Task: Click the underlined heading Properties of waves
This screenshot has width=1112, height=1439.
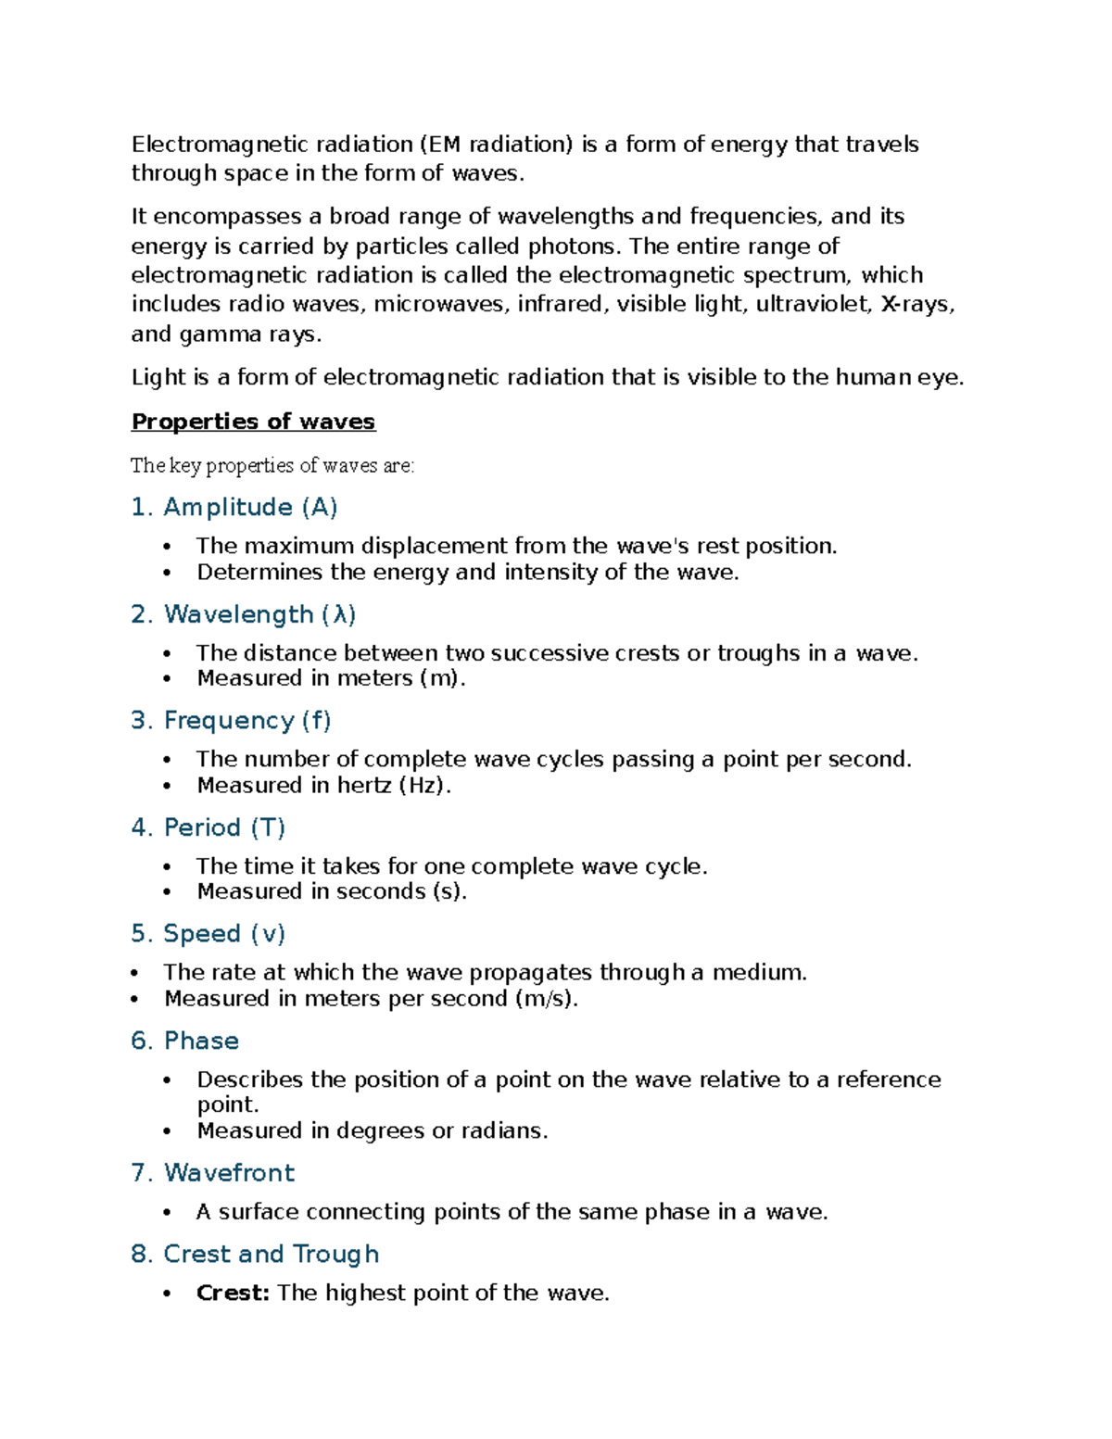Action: pyautogui.click(x=253, y=422)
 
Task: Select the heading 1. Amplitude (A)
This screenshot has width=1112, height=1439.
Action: pyautogui.click(x=234, y=507)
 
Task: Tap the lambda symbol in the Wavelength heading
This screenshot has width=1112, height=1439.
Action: pyautogui.click(x=339, y=614)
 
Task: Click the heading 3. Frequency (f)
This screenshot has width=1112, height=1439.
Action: pyautogui.click(x=231, y=720)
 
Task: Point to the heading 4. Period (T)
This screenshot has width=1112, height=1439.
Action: pyautogui.click(x=208, y=827)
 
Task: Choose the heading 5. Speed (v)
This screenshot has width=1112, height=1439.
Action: pyautogui.click(x=208, y=933)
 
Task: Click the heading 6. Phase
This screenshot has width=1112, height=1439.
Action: pyautogui.click(x=184, y=1041)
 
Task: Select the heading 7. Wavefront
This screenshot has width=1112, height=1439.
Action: pyautogui.click(x=212, y=1172)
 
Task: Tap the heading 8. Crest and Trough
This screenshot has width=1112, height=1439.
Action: pyautogui.click(x=255, y=1254)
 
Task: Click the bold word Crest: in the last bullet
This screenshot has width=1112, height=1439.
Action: pyautogui.click(x=233, y=1293)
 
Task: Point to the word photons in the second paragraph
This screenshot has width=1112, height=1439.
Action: pyautogui.click(x=574, y=246)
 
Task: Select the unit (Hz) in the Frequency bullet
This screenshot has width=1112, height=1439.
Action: pyautogui.click(x=424, y=785)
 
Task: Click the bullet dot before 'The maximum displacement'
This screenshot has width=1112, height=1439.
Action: pyautogui.click(x=167, y=547)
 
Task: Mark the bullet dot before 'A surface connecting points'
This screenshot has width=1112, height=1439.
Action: pyautogui.click(x=167, y=1212)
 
